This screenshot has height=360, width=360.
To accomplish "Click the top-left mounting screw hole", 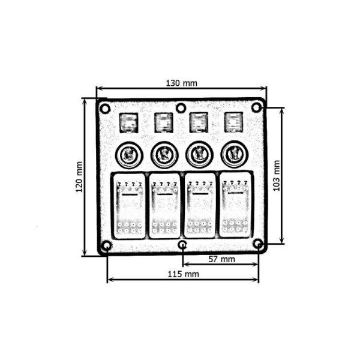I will (106, 109).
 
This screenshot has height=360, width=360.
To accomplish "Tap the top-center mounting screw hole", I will (181, 108).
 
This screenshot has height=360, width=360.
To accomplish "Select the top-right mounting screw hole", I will (257, 108).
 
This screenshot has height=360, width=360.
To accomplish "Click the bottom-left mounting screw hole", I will (106, 246).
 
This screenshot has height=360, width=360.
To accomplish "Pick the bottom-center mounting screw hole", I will (183, 245).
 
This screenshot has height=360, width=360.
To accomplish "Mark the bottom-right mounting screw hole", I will (259, 245).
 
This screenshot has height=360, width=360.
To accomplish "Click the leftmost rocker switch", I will (129, 206).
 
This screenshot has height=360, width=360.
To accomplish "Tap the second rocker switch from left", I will (164, 206).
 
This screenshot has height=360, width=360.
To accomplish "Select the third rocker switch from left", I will (199, 206).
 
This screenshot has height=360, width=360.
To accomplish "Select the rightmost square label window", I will (233, 122).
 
